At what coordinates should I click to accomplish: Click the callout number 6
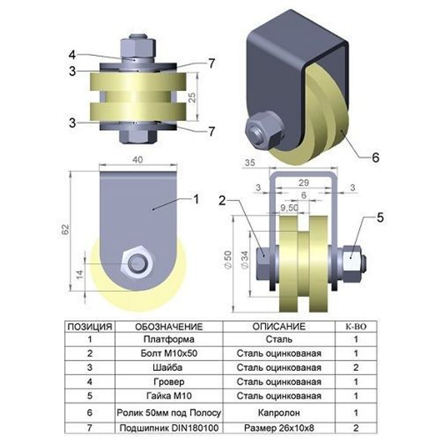[x=375, y=158]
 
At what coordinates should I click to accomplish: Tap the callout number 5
[x=380, y=217]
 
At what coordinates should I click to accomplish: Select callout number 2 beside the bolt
[x=222, y=200]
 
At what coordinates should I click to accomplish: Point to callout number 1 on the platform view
[x=196, y=199]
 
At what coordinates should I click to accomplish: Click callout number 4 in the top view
[x=73, y=55]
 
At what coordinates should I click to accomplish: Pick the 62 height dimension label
[x=65, y=230]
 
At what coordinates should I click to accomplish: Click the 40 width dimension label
[x=137, y=160]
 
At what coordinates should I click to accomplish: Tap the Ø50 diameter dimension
[x=228, y=260]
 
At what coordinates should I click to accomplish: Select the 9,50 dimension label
[x=289, y=208]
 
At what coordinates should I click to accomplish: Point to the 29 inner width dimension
[x=304, y=183]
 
